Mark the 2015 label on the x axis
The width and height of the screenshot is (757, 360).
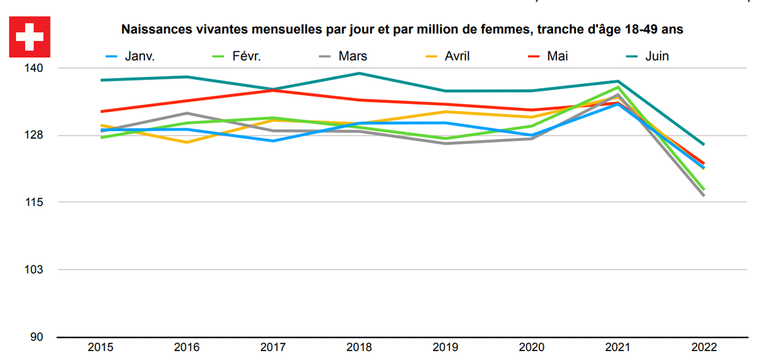[100, 347]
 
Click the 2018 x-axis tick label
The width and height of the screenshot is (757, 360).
[359, 347]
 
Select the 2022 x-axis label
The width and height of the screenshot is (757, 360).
[703, 347]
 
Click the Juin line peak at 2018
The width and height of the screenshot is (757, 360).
[359, 73]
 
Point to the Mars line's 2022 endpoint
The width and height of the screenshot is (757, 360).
[703, 195]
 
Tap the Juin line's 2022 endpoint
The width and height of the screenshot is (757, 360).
[703, 144]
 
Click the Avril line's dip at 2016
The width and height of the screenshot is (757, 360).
[187, 142]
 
